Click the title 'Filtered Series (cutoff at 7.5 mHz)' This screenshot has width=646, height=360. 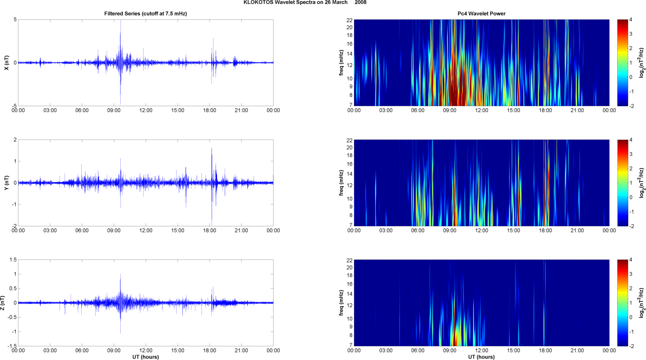[x=146, y=14]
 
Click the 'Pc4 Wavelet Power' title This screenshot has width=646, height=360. [x=481, y=14]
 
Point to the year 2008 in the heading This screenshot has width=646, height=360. [x=361, y=3]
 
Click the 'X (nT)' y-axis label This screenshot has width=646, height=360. [x=6, y=63]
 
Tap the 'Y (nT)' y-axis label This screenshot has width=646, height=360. [x=6, y=183]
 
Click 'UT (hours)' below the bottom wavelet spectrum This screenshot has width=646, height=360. [x=481, y=357]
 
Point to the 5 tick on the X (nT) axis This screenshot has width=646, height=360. [x=15, y=20]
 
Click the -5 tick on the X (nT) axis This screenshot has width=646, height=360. [x=14, y=106]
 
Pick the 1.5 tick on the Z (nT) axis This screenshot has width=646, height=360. [x=13, y=260]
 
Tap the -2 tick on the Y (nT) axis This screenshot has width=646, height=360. [x=14, y=226]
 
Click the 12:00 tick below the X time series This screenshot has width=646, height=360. [x=146, y=110]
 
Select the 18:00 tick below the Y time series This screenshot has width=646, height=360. [x=210, y=231]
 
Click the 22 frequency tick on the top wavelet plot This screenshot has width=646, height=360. [x=349, y=20]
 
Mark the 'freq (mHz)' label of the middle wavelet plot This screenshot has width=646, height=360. [x=341, y=183]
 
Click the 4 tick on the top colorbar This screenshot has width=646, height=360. [x=631, y=20]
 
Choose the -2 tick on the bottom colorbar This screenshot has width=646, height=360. [x=632, y=346]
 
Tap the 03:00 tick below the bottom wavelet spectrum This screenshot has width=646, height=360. [x=386, y=350]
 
